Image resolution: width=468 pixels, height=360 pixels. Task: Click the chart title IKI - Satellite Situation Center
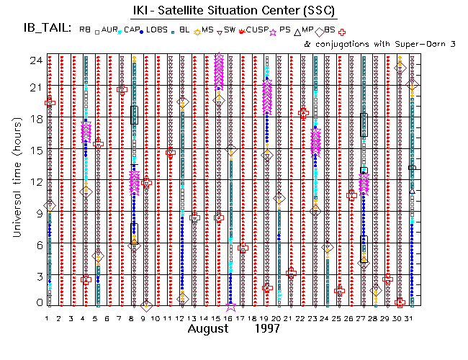coord(234,10)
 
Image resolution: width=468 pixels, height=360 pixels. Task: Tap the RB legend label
coord(85,30)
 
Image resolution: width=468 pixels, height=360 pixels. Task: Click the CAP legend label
coord(132,30)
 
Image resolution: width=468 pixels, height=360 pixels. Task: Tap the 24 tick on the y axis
coord(34,60)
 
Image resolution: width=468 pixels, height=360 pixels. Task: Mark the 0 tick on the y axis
coord(36,303)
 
